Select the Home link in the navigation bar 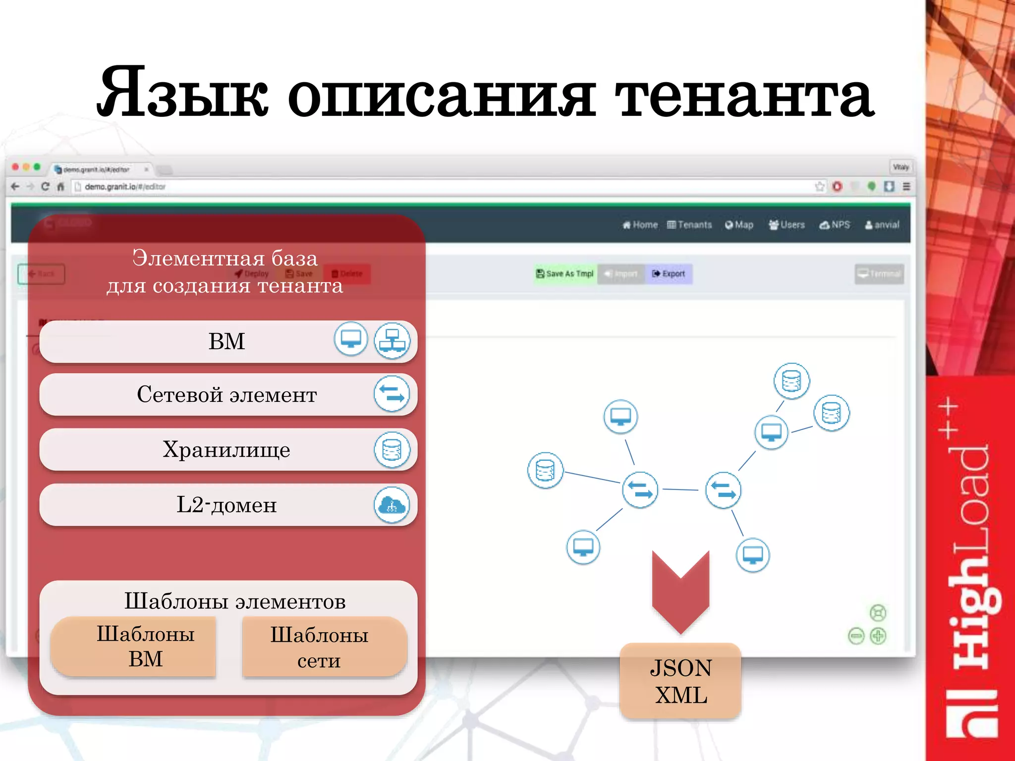640,225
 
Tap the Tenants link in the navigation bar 689,225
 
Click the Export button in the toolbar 669,273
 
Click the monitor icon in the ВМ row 351,339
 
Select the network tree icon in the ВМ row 392,341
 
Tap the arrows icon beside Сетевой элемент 392,394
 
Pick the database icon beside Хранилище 392,450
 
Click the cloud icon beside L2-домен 392,505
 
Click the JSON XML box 680,681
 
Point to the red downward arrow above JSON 680,590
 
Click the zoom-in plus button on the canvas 878,636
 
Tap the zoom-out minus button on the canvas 856,636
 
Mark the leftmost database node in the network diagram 545,470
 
